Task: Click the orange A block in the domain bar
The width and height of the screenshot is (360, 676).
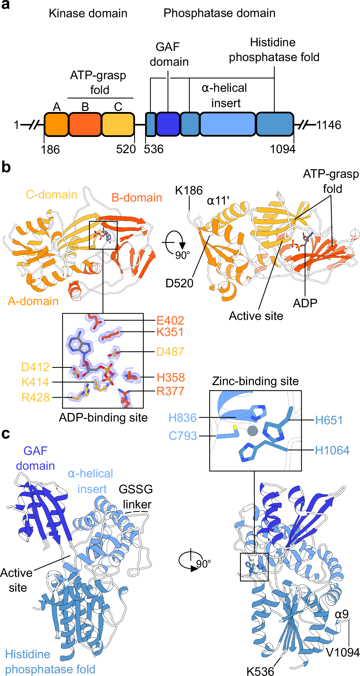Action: point(56,124)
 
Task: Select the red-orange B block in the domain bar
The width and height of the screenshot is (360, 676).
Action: point(85,124)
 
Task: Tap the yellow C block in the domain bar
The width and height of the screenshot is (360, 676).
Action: point(118,124)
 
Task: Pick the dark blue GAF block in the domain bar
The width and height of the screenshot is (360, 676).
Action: point(168,124)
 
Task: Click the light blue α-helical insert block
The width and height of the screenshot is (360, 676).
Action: point(228,124)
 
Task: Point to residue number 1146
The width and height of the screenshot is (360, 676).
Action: point(329,125)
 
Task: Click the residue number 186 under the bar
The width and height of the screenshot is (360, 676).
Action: point(50,150)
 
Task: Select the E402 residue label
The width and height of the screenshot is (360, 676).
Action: point(170,320)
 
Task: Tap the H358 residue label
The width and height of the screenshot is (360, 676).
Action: point(171,377)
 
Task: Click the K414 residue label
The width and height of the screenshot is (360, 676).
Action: point(35,382)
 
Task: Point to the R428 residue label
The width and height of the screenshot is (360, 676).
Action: point(36,397)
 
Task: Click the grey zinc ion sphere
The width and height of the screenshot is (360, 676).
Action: point(252,431)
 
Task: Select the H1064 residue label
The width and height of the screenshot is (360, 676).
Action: point(332,450)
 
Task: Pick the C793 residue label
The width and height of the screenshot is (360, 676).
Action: point(183,436)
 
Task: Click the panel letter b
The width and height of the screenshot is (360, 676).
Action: point(6,167)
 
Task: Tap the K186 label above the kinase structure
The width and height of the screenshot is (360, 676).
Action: point(189,190)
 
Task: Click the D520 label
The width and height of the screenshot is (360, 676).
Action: point(179,283)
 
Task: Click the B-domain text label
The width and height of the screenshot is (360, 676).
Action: point(137,197)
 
